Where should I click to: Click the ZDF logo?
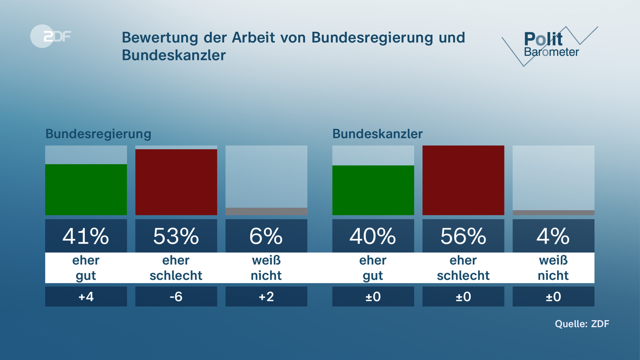[x=51, y=36]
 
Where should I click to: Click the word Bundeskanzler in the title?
[x=174, y=55]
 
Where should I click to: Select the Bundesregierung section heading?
[x=98, y=134]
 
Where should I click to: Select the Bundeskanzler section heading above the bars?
[x=377, y=134]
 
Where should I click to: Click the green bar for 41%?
[x=86, y=189]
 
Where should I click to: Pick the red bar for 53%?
[x=176, y=182]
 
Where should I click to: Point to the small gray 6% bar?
[x=266, y=211]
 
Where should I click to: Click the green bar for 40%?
[x=373, y=190]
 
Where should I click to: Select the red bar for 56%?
[x=463, y=180]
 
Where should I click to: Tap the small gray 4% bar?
[x=553, y=213]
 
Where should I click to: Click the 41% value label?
[x=86, y=236]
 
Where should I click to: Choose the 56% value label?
[x=463, y=236]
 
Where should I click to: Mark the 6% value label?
[x=266, y=236]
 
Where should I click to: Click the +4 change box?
[x=86, y=296]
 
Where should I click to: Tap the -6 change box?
[x=176, y=296]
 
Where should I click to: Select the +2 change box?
[x=266, y=296]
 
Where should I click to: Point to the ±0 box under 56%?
[x=463, y=296]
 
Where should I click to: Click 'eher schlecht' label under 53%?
[x=176, y=268]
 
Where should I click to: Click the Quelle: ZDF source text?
[x=582, y=324]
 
